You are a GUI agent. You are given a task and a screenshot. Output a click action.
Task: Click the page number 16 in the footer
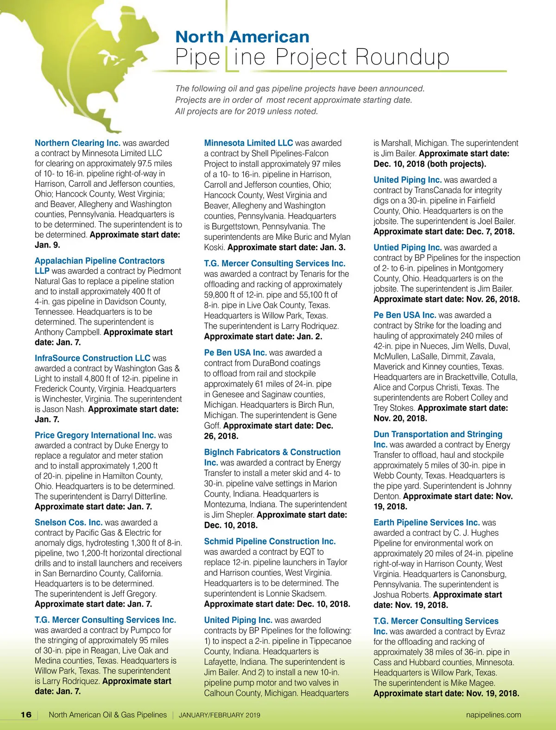(26, 715)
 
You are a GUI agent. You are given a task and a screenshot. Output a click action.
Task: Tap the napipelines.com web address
(493, 715)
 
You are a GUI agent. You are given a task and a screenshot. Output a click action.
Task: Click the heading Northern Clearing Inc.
(77, 143)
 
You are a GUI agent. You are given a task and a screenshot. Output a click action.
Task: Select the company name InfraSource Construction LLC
(92, 358)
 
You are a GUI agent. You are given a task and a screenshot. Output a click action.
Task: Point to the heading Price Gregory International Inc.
(95, 435)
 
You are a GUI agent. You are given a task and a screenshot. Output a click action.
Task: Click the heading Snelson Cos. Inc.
(69, 522)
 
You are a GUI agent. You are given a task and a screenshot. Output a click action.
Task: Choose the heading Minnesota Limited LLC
(248, 143)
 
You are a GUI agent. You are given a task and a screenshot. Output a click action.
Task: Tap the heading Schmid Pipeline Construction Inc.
(270, 541)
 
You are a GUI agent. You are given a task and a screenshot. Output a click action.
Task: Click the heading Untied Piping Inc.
(407, 248)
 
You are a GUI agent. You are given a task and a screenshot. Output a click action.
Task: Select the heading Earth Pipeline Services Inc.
(426, 522)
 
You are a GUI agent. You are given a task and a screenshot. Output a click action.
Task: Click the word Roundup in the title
(402, 57)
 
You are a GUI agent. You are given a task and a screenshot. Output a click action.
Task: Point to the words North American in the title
(242, 37)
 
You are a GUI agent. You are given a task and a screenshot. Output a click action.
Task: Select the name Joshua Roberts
(402, 595)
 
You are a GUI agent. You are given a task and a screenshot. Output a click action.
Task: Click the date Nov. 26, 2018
(493, 299)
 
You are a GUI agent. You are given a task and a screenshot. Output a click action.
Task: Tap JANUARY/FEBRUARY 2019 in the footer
(219, 715)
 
